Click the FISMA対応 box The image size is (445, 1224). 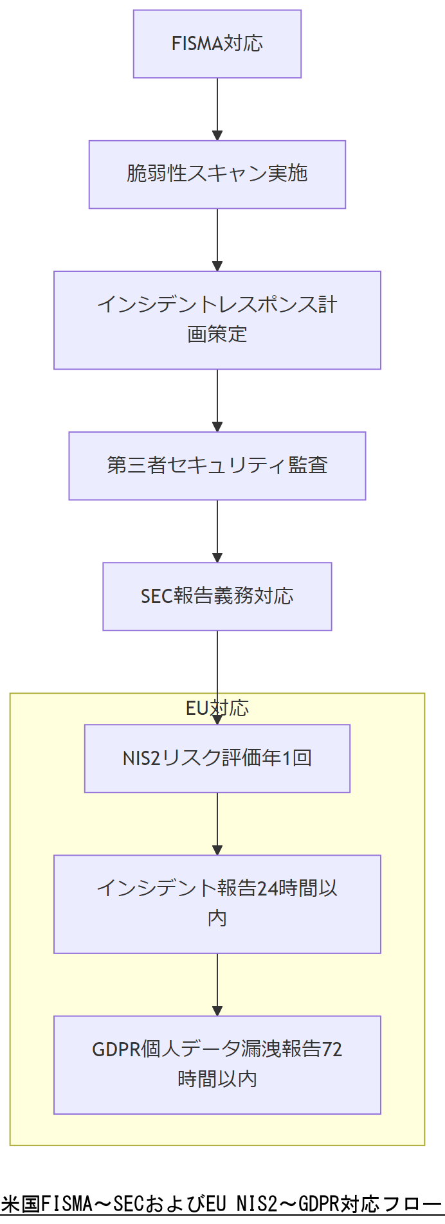point(217,44)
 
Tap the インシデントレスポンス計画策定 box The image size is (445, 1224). point(217,320)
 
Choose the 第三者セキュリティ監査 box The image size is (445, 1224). point(217,466)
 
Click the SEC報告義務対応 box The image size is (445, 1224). point(217,597)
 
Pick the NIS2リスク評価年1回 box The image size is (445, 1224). point(217,759)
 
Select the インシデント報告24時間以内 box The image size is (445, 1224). point(217,904)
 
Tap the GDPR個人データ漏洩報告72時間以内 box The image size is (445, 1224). point(217,1065)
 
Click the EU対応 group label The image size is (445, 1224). point(217,708)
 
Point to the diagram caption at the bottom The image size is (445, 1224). point(221,1203)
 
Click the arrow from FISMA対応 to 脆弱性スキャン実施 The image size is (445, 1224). point(217,109)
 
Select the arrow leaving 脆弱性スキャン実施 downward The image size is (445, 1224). point(217,240)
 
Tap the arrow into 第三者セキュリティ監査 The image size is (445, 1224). point(217,401)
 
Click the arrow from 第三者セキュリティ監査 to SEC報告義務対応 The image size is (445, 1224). point(217,531)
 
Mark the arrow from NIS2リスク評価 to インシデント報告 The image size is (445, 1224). point(217,824)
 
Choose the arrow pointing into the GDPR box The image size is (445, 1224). point(217,984)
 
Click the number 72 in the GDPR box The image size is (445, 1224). point(332,1049)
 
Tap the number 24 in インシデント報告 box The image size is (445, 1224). point(268,888)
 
